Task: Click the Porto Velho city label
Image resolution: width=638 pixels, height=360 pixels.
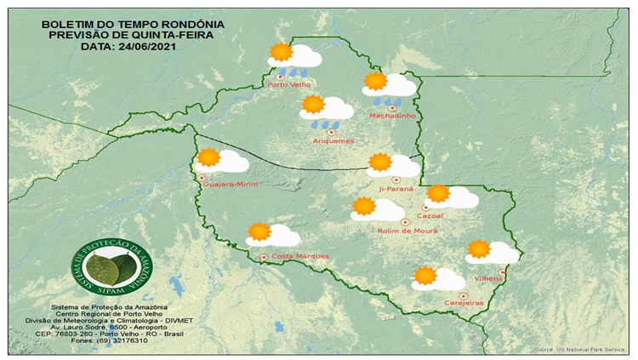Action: tap(288, 85)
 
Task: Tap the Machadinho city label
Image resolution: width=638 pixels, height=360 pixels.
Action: tap(390, 116)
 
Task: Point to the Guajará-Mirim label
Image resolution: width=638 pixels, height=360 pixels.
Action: tap(230, 184)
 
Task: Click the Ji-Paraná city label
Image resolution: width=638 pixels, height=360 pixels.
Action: tap(396, 188)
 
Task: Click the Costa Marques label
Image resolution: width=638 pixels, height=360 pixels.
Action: tap(299, 256)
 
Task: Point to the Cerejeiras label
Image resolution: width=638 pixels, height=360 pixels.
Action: tap(464, 303)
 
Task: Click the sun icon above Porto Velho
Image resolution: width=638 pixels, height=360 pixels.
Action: tap(280, 53)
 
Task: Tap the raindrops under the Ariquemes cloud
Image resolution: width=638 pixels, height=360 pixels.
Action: tap(322, 124)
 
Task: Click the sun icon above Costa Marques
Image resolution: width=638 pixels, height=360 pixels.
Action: tap(259, 231)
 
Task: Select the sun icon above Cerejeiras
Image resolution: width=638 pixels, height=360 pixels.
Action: tap(424, 276)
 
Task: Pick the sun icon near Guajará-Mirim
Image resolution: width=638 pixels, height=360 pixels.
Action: tap(208, 157)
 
